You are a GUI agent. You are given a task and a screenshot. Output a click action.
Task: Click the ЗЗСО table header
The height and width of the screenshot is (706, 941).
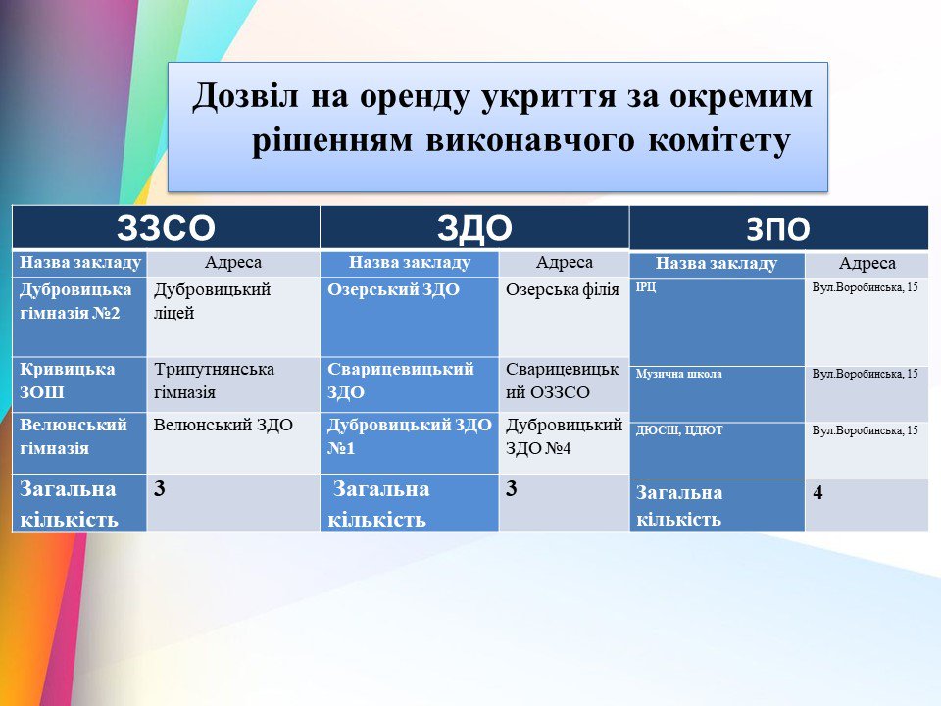click(x=166, y=227)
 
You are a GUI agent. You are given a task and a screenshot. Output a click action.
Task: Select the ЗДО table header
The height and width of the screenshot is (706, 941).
click(x=474, y=228)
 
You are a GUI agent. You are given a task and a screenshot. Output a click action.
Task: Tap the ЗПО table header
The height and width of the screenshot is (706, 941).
click(x=777, y=229)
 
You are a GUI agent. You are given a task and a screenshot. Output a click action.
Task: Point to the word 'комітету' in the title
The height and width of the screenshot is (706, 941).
click(x=718, y=141)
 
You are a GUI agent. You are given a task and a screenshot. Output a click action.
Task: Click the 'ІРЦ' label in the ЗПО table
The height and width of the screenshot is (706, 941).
click(x=646, y=287)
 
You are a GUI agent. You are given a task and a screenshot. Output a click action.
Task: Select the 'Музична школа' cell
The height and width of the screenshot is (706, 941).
click(x=678, y=374)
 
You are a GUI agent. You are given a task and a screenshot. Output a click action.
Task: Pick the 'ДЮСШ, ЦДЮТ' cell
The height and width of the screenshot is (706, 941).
click(x=679, y=430)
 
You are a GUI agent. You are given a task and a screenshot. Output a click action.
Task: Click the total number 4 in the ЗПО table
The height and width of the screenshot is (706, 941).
click(x=817, y=493)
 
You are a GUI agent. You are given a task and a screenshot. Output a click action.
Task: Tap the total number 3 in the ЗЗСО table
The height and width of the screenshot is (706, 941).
click(x=159, y=488)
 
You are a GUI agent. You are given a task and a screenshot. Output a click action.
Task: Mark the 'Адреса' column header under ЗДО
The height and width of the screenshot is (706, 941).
click(x=565, y=262)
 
